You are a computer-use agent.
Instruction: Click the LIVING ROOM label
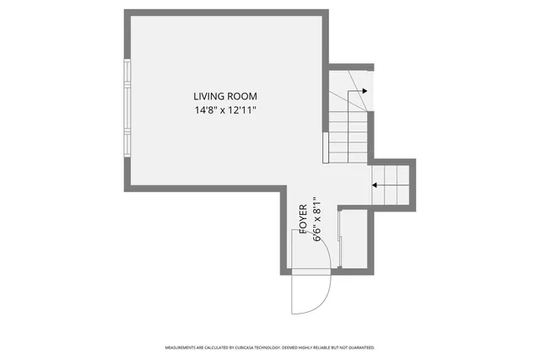coord(224,96)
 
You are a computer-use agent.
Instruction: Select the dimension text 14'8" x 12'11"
coord(224,110)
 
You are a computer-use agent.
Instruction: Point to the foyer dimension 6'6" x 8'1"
coord(318,221)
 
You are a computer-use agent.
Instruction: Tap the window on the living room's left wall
coord(127,108)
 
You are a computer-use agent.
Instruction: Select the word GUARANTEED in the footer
coord(361,347)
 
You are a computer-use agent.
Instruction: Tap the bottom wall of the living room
coord(202,189)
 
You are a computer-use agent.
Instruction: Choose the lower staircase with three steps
coord(391,185)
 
